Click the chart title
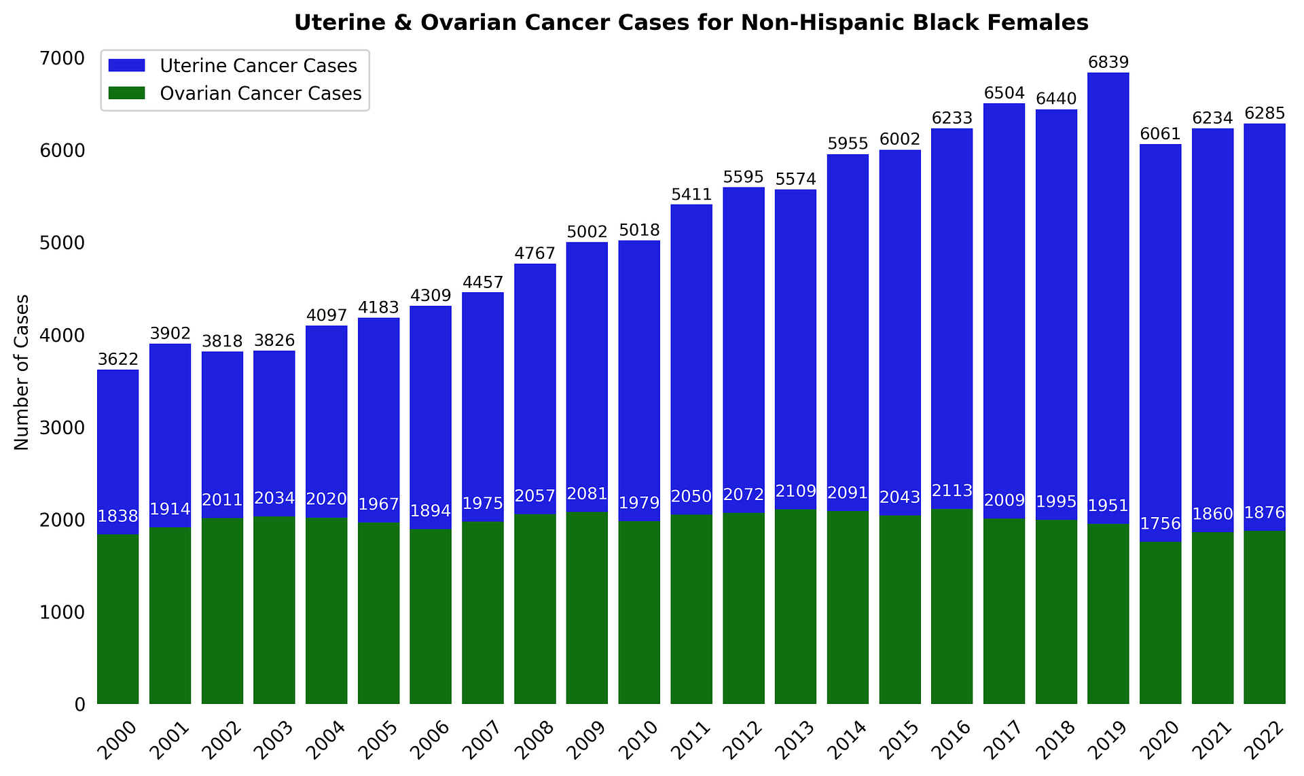(x=691, y=23)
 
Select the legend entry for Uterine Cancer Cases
(x=258, y=66)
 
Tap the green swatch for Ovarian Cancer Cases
(x=127, y=93)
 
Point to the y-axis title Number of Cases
(x=22, y=372)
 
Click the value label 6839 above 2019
(x=1108, y=63)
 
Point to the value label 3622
(x=118, y=359)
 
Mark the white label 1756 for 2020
(x=1160, y=524)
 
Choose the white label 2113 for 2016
(x=952, y=491)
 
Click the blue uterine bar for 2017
(x=1004, y=306)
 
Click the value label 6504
(x=1004, y=93)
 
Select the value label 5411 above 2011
(x=691, y=194)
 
